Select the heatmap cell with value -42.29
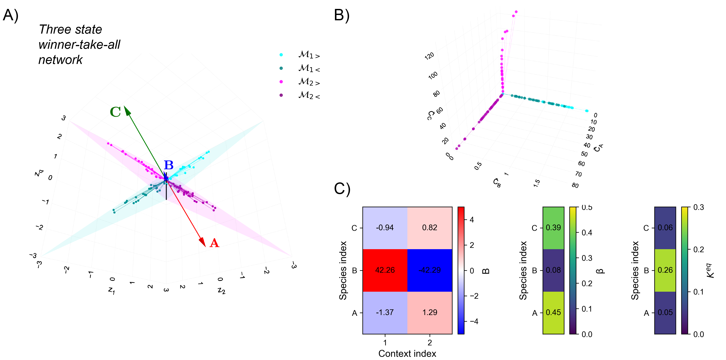[430, 270]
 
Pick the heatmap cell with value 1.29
[430, 312]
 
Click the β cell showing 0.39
[553, 228]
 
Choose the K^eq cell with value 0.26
[665, 270]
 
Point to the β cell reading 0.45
[553, 312]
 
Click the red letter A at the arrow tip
[214, 243]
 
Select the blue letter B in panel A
[169, 165]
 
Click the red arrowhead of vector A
[203, 242]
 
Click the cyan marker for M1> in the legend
[281, 55]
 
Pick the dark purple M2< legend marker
[281, 95]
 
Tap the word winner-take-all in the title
[79, 45]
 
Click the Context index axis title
[407, 354]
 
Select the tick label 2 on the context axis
[430, 343]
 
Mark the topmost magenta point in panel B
[516, 12]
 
